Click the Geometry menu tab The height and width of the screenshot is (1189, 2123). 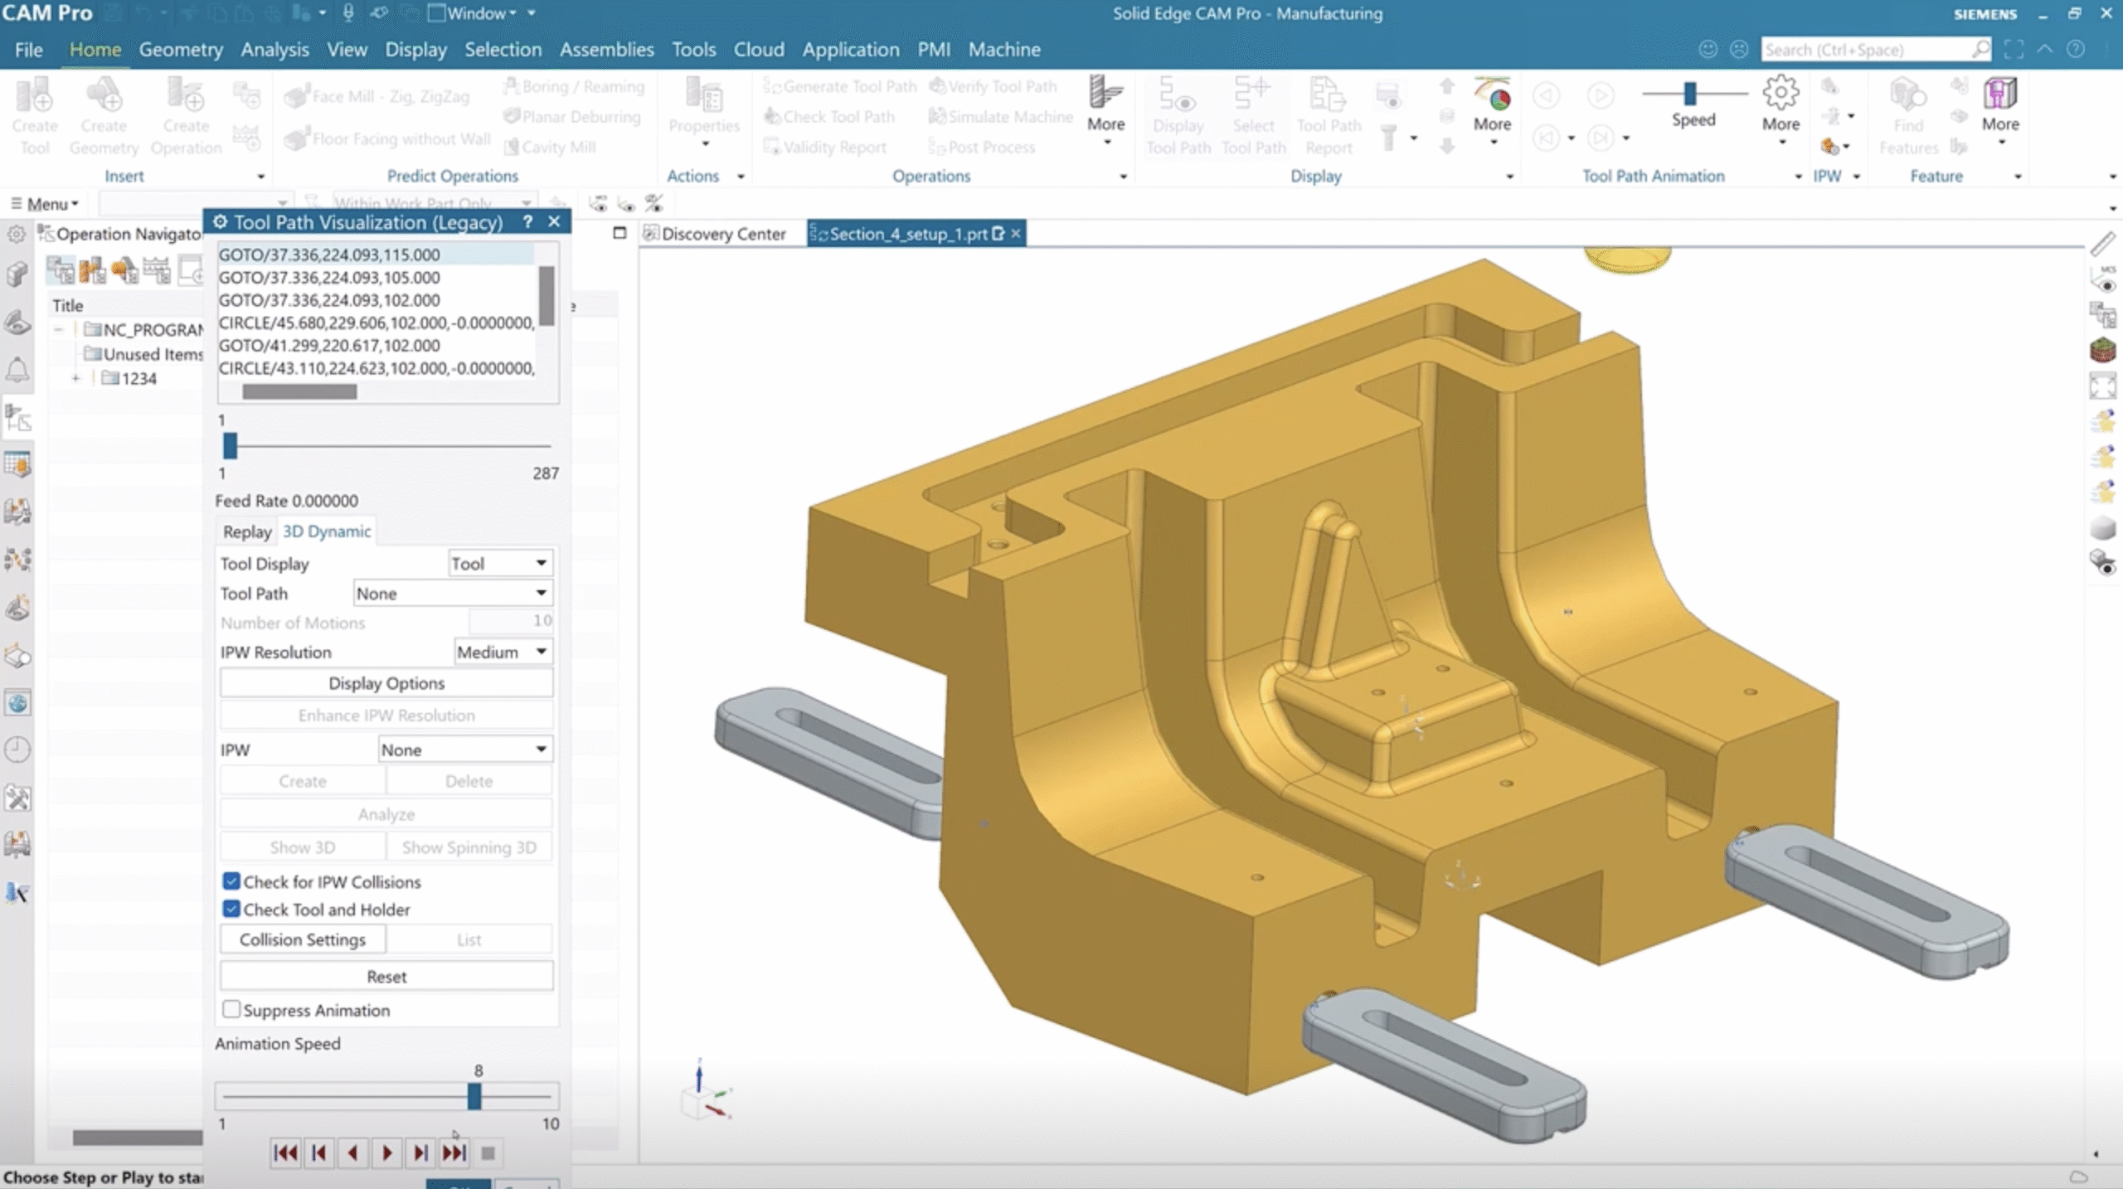click(x=180, y=50)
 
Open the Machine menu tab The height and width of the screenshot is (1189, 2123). click(x=1003, y=50)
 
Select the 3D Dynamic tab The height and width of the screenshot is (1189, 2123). click(x=327, y=531)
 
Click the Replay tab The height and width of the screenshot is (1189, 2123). click(x=246, y=531)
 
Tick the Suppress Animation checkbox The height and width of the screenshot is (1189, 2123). click(x=231, y=1009)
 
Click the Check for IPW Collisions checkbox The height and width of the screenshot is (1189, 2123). click(x=231, y=881)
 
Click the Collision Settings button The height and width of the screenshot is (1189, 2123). click(x=303, y=939)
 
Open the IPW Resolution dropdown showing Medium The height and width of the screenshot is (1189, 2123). click(x=503, y=653)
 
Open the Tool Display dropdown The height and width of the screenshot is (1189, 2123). click(x=500, y=564)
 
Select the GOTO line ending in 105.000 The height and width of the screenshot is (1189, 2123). click(x=329, y=278)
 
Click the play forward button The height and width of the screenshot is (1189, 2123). click(x=386, y=1153)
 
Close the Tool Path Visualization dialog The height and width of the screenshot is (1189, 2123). click(x=555, y=221)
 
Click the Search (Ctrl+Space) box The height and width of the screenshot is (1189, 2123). click(x=1866, y=50)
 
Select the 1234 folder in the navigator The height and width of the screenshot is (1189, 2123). click(x=138, y=379)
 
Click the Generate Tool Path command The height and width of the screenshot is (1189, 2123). click(x=849, y=86)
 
